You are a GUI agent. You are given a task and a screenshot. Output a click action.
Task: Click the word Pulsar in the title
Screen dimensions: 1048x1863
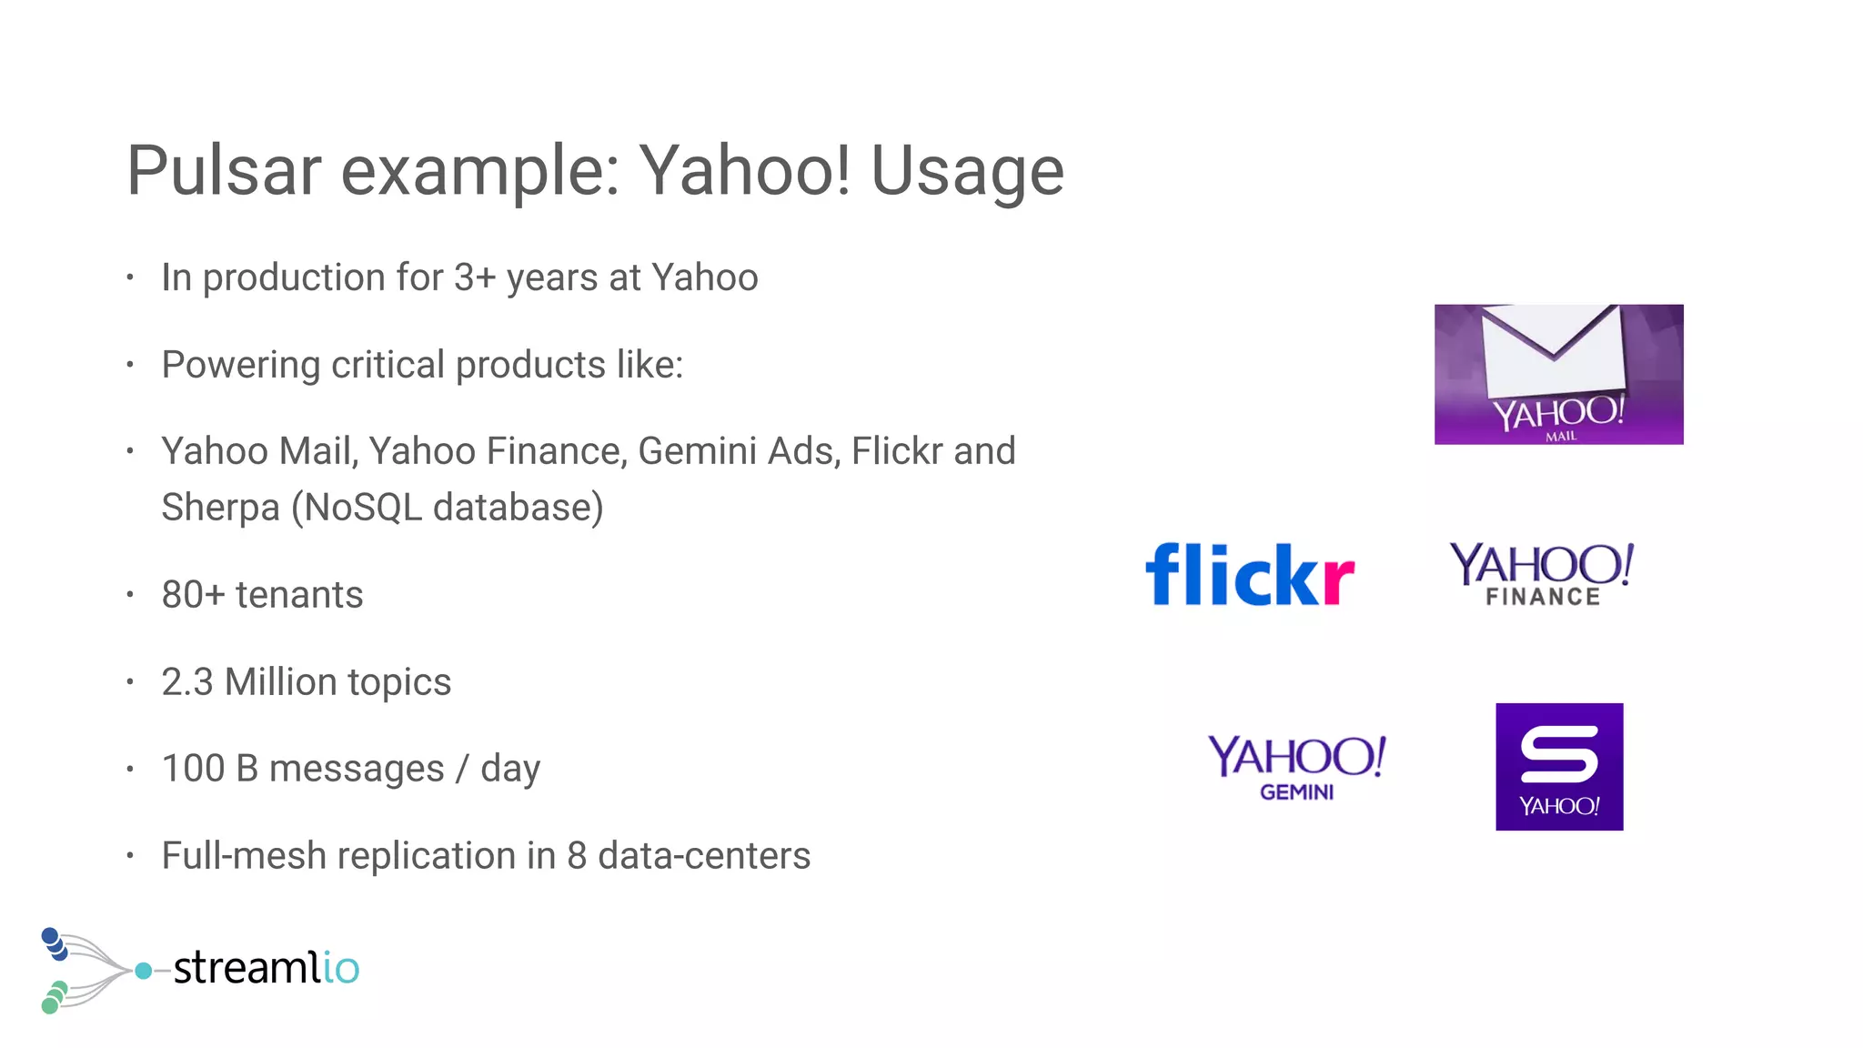224,170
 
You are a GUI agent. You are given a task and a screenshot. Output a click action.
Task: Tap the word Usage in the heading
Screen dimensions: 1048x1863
967,170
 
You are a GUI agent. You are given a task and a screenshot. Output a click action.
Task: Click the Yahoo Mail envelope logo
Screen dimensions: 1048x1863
1558,374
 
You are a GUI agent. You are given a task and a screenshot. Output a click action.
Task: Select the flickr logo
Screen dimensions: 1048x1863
1250,574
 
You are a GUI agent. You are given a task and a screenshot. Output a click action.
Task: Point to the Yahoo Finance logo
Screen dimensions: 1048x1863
1542,574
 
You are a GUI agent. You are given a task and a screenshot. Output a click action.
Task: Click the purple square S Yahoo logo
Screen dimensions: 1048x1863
1559,766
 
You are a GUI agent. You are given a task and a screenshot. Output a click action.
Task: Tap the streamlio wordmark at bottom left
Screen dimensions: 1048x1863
266,967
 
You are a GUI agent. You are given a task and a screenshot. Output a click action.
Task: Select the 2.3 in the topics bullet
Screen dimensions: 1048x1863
186,682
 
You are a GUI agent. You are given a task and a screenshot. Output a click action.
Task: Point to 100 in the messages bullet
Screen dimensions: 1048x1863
193,769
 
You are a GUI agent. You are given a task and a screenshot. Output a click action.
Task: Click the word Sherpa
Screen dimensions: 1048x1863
220,508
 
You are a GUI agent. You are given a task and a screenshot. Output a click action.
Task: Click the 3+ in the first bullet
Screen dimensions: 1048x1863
474,277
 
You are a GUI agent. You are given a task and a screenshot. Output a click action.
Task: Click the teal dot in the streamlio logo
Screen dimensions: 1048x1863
143,971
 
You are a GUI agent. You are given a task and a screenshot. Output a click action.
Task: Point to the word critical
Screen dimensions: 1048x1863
388,365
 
